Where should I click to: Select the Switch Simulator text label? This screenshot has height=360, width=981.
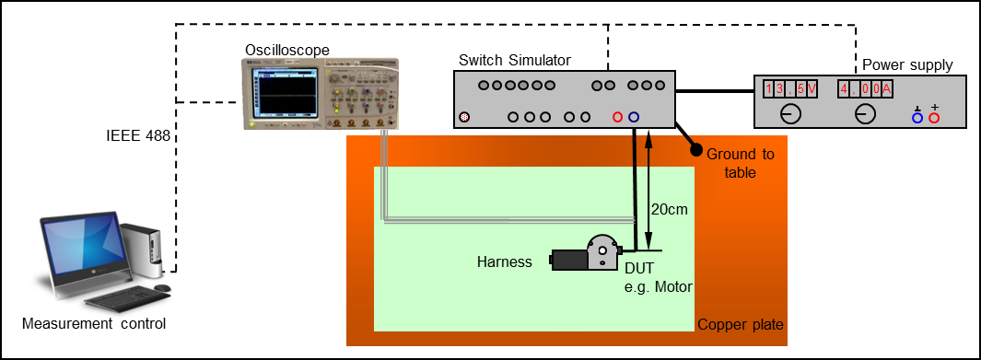click(514, 61)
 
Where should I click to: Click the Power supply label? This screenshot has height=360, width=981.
click(907, 64)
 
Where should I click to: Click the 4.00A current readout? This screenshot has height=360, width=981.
click(865, 88)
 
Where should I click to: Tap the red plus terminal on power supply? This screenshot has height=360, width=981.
click(934, 117)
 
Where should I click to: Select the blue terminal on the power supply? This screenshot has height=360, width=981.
click(917, 117)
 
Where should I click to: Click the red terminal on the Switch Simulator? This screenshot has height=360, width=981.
click(617, 117)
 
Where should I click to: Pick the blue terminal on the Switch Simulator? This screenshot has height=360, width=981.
click(634, 117)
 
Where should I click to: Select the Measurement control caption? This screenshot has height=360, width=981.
click(94, 324)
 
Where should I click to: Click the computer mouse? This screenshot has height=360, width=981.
click(162, 288)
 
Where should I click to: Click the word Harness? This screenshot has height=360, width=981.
click(505, 261)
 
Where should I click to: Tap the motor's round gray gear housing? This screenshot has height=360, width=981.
click(601, 248)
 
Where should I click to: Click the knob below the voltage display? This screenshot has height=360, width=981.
click(789, 115)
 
